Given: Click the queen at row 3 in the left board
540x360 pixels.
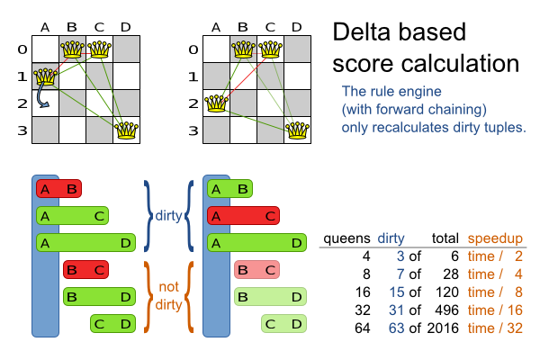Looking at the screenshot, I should pyautogui.click(x=127, y=130).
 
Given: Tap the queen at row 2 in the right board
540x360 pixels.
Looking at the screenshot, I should pyautogui.click(x=216, y=103).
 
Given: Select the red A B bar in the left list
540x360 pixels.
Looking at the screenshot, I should pyautogui.click(x=58, y=189).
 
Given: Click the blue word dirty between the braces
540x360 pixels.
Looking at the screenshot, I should pyautogui.click(x=167, y=216).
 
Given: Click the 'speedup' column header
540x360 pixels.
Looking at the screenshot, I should pyautogui.click(x=493, y=238).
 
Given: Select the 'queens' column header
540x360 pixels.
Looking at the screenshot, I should pyautogui.click(x=346, y=238).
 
